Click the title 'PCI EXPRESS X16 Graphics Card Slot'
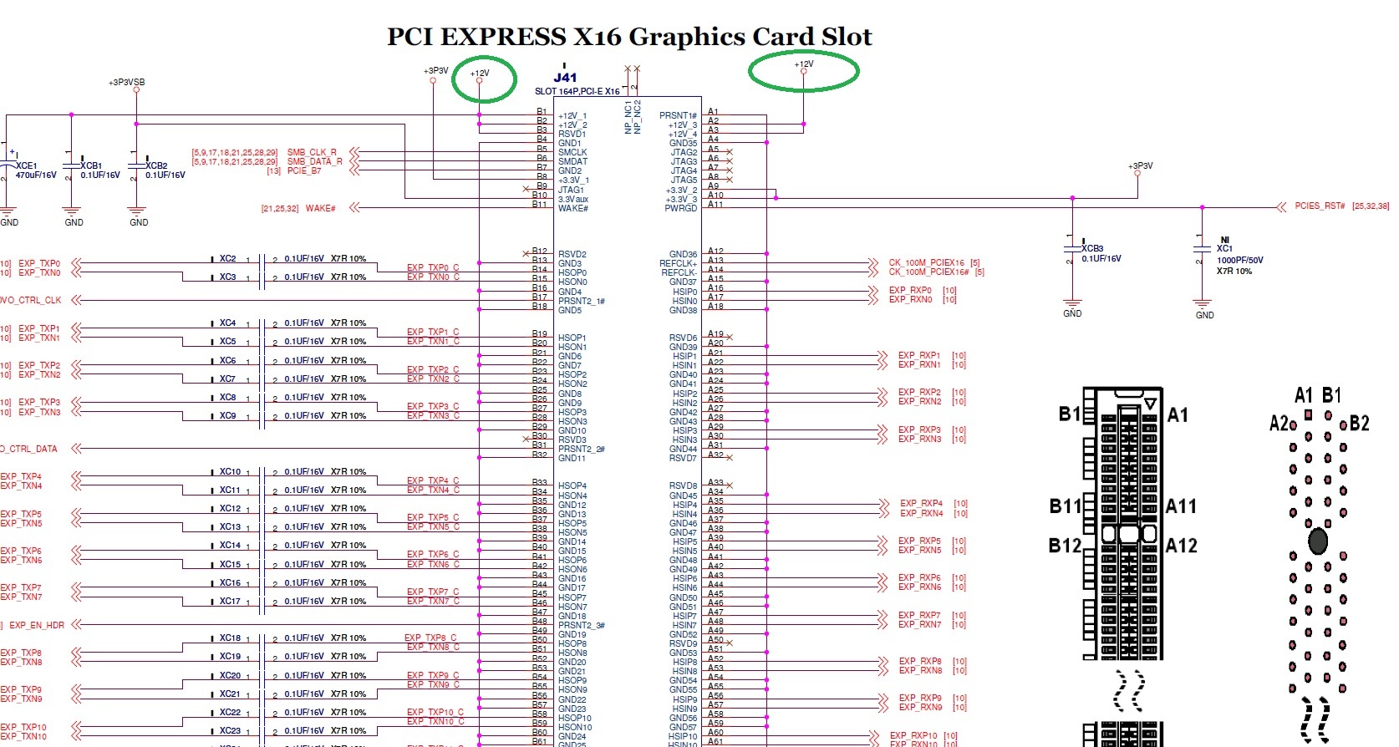pyautogui.click(x=628, y=37)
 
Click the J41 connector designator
pyautogui.click(x=565, y=78)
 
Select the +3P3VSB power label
pyautogui.click(x=126, y=83)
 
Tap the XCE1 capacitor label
pyautogui.click(x=27, y=165)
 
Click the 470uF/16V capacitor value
pyautogui.click(x=36, y=175)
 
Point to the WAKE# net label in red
pyautogui.click(x=320, y=208)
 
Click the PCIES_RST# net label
pyautogui.click(x=1320, y=206)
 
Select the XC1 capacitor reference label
pyautogui.click(x=1224, y=248)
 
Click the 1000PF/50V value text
pyautogui.click(x=1239, y=260)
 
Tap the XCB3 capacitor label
pyautogui.click(x=1092, y=248)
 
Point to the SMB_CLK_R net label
pyautogui.click(x=312, y=153)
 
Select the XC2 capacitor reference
pyautogui.click(x=227, y=259)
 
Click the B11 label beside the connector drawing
pyautogui.click(x=1065, y=506)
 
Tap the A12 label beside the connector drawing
pyautogui.click(x=1181, y=546)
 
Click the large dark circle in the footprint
pyautogui.click(x=1318, y=541)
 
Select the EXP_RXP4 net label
pyautogui.click(x=921, y=504)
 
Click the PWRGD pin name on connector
pyautogui.click(x=680, y=208)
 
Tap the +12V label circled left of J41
pyautogui.click(x=480, y=74)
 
